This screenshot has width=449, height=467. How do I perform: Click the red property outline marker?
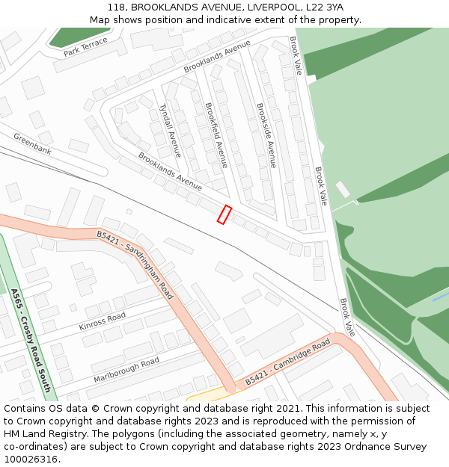click(x=224, y=214)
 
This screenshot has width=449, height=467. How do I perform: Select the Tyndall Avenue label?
click(x=170, y=131)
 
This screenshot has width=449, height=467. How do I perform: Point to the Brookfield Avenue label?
click(x=216, y=134)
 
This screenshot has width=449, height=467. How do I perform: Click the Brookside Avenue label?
click(x=266, y=135)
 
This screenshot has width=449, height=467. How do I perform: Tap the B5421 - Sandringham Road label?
click(x=135, y=265)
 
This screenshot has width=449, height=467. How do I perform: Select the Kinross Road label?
click(x=103, y=322)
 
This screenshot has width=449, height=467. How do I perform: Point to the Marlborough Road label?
click(x=126, y=370)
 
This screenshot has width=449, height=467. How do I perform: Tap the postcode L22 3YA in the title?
click(x=327, y=7)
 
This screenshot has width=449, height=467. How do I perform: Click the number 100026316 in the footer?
click(x=31, y=460)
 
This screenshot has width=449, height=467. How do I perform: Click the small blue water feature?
click(x=441, y=297)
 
